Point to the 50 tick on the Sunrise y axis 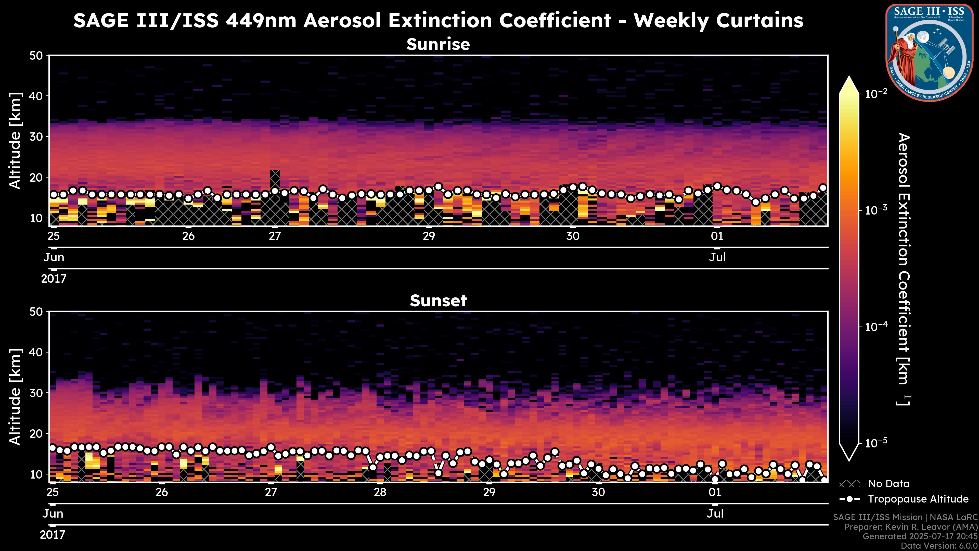pos(37,56)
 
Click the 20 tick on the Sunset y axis pos(37,433)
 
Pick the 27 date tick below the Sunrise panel pos(275,236)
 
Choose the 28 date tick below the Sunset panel pos(380,492)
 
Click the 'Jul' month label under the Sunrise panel pos(717,257)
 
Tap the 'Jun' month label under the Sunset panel pos(53,514)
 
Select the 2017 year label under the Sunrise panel pos(54,279)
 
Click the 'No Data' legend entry pos(888,484)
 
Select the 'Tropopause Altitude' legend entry pos(918,499)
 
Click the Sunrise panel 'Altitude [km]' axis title pos(15,141)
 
